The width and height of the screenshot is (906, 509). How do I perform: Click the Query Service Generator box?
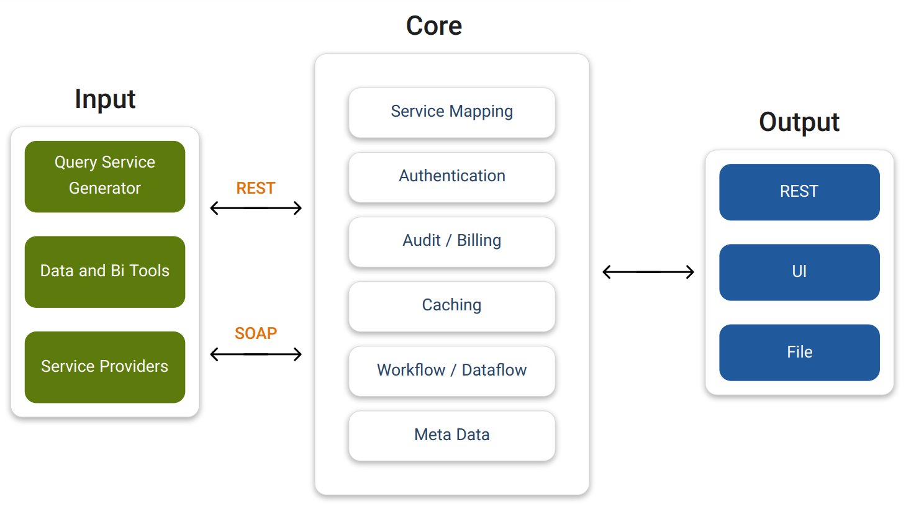pos(105,176)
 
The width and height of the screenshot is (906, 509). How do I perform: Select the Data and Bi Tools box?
pos(105,271)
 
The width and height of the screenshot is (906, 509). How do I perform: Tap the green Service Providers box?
pos(105,367)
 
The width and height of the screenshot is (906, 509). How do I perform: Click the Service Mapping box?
pos(451,112)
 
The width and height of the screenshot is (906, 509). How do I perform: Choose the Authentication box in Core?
pos(451,177)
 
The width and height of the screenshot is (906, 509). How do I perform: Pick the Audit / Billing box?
pos(451,241)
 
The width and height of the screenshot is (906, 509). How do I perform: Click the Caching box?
pos(451,306)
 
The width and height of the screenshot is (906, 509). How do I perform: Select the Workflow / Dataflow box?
pos(451,371)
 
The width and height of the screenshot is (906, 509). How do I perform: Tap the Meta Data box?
pos(451,435)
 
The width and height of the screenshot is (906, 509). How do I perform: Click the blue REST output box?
pos(799,192)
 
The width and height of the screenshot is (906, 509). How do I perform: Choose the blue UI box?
pos(799,272)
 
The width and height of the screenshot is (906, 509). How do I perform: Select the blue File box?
pos(799,352)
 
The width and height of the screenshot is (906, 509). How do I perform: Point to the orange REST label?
pos(256,188)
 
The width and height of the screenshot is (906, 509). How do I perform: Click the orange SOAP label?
pos(256,333)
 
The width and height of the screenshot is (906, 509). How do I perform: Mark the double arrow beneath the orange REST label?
pos(256,208)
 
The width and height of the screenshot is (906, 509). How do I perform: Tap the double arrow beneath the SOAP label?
pos(256,354)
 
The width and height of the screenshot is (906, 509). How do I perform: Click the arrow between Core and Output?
pos(648,272)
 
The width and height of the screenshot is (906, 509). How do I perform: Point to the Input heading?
pos(105,99)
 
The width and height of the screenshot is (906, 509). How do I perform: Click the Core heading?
pos(434,26)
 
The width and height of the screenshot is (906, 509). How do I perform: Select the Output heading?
pos(799,122)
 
